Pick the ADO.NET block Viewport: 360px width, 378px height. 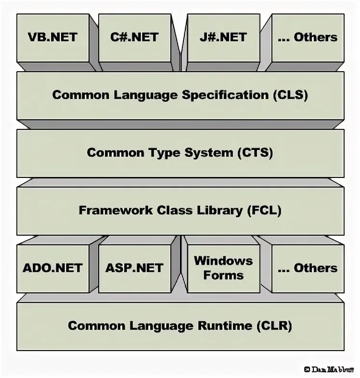52,268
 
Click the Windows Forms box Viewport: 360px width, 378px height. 223,268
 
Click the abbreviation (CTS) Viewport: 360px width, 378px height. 255,153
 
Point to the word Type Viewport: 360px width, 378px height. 162,153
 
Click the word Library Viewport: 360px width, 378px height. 215,210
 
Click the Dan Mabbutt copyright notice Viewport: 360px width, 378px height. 330,369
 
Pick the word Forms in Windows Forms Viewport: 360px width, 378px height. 223,276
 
